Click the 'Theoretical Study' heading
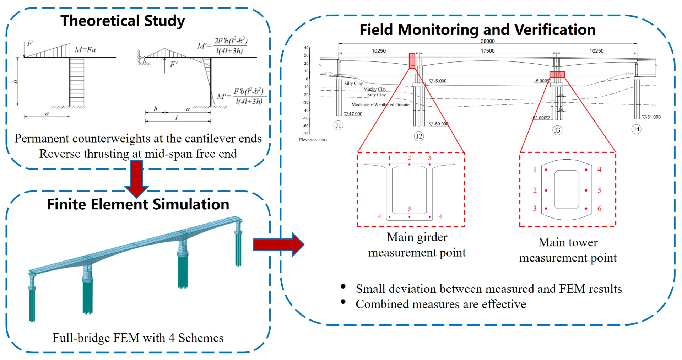click(123, 21)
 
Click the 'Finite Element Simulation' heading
click(138, 204)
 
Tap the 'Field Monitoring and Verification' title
click(477, 29)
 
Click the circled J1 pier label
click(338, 125)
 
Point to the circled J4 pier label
click(636, 129)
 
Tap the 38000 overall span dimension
click(487, 41)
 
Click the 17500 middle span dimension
click(487, 51)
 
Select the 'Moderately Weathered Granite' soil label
click(380, 104)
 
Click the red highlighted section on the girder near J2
click(412, 61)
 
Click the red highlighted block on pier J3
click(557, 74)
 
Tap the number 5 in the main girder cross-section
click(409, 209)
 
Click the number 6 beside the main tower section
click(599, 209)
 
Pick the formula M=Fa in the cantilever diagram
click(85, 50)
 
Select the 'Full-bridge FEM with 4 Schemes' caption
click(138, 338)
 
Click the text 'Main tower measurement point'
click(568, 250)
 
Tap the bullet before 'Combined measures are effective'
click(343, 302)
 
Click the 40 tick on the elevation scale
click(306, 48)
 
